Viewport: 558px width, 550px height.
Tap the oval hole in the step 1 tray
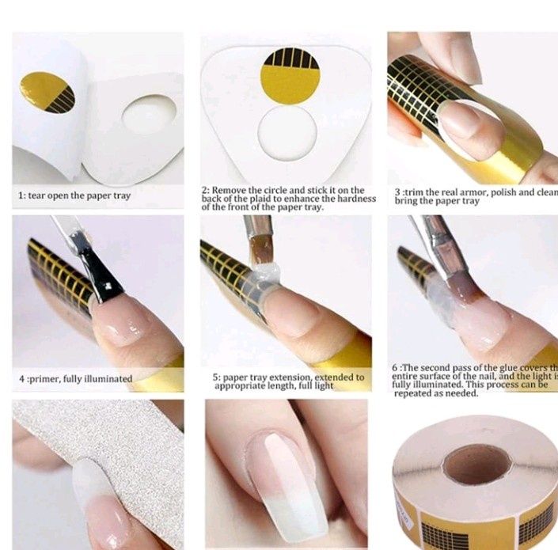150,114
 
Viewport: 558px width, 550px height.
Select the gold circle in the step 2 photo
289,76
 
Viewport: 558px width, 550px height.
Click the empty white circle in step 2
287,134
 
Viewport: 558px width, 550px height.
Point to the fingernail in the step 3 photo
467,123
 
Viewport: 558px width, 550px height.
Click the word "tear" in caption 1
41,195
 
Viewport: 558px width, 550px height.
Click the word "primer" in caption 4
51,379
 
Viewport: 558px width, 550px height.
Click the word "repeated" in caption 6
413,393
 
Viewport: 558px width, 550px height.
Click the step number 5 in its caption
215,378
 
